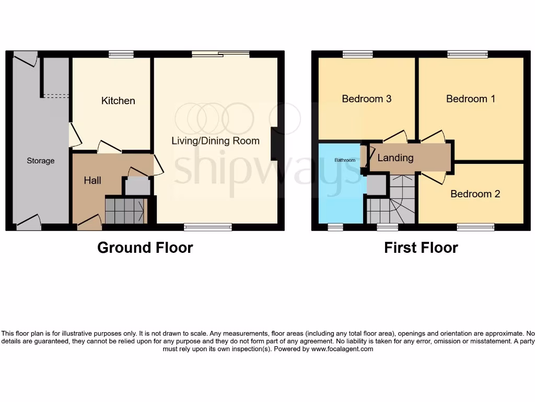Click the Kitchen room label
[118, 100]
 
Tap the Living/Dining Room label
[216, 141]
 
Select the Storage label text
[40, 161]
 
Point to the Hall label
[92, 181]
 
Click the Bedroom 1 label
[471, 98]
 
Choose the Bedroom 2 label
[475, 194]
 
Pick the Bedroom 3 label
[366, 98]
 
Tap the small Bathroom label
[345, 160]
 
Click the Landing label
[396, 158]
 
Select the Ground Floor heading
[145, 248]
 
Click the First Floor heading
[421, 248]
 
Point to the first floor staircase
[391, 204]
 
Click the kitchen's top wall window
[121, 54]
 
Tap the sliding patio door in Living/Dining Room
[220, 53]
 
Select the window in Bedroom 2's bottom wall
[475, 227]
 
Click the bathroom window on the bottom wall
[335, 227]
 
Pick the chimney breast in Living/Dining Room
[274, 144]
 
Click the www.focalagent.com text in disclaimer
[342, 349]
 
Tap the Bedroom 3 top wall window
[358, 54]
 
